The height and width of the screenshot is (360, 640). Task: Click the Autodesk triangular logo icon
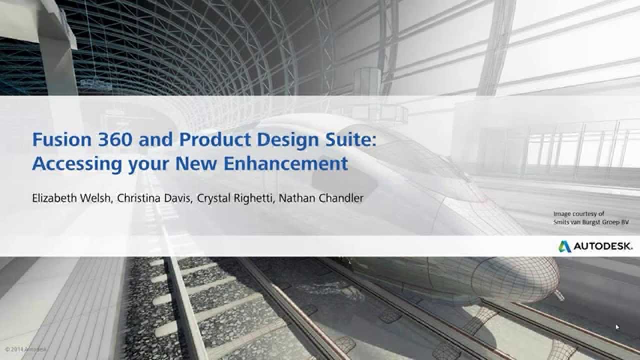(x=564, y=246)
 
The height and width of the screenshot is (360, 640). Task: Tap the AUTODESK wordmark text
(x=603, y=246)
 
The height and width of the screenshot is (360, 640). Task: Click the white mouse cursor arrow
(x=617, y=327)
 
